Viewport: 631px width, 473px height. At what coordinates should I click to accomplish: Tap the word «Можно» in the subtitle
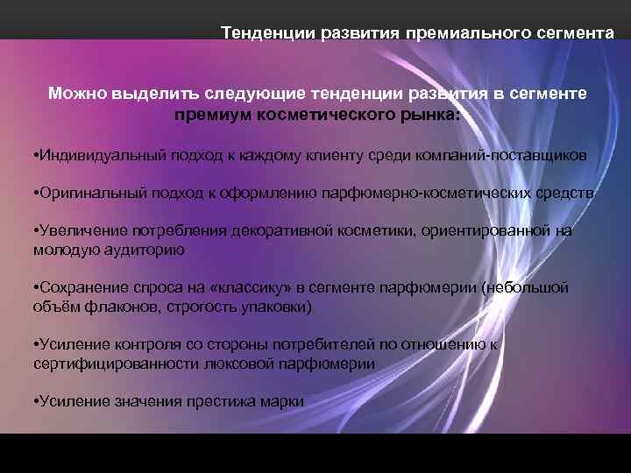coord(77,93)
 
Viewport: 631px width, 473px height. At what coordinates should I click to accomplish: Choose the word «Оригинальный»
coord(82,193)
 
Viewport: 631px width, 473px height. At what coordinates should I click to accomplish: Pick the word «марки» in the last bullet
coord(283,401)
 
